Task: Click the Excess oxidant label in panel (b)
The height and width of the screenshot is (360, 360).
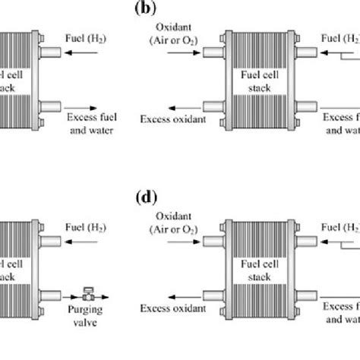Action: tap(171, 119)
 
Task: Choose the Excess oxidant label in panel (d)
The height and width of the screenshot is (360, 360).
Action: tap(171, 308)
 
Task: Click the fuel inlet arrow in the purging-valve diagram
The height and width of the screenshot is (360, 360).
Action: tap(81, 242)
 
